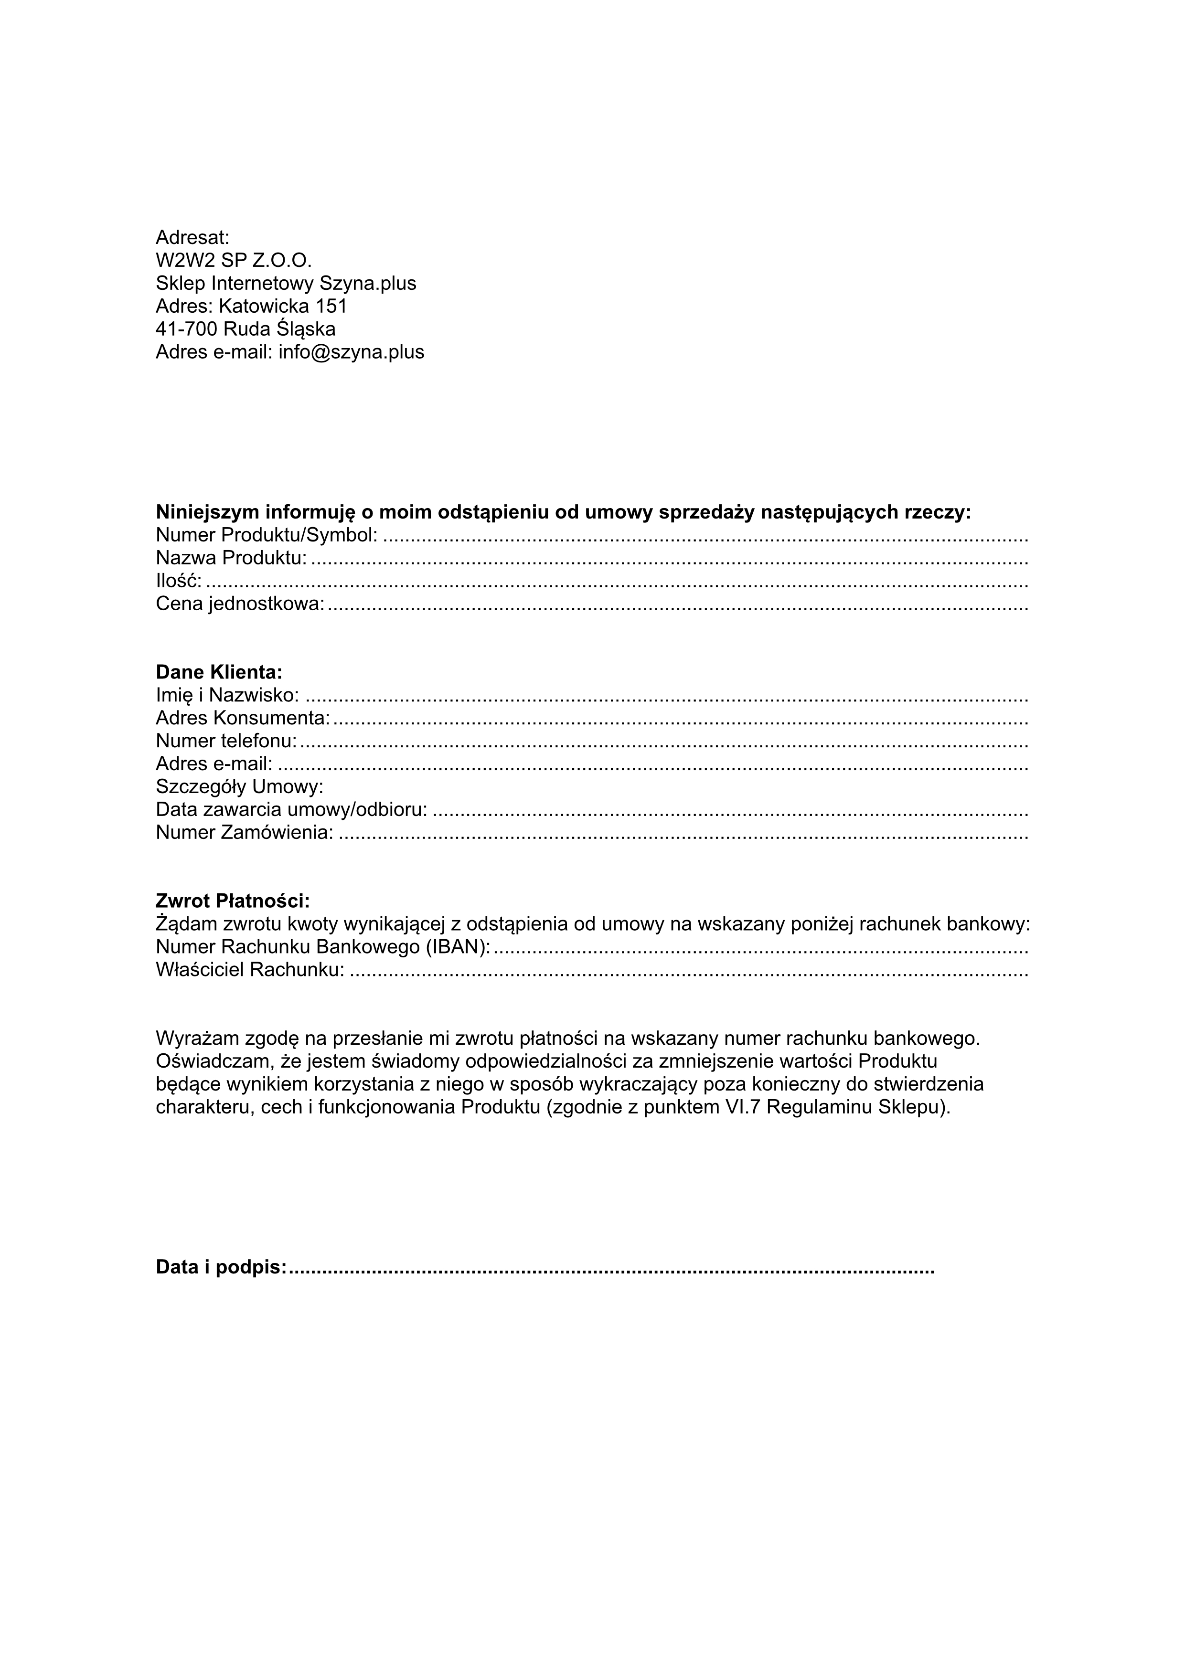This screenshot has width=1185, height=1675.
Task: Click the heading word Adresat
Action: click(192, 238)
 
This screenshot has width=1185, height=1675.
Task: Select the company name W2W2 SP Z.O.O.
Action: click(234, 260)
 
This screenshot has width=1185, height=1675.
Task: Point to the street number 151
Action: click(331, 307)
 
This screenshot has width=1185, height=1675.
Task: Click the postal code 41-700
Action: click(186, 329)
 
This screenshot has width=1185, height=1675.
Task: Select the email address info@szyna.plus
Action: click(351, 352)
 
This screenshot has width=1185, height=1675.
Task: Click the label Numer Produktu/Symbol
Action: click(267, 535)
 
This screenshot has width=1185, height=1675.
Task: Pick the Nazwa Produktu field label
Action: click(231, 558)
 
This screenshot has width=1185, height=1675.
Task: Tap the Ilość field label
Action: click(178, 582)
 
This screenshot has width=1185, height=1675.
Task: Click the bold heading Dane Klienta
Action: click(219, 672)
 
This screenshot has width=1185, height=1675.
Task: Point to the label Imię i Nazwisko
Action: click(227, 695)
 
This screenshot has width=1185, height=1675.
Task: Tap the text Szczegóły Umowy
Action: click(239, 787)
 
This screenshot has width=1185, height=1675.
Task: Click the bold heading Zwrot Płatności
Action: click(233, 901)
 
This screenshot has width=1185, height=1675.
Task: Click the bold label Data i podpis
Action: click(221, 1267)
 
